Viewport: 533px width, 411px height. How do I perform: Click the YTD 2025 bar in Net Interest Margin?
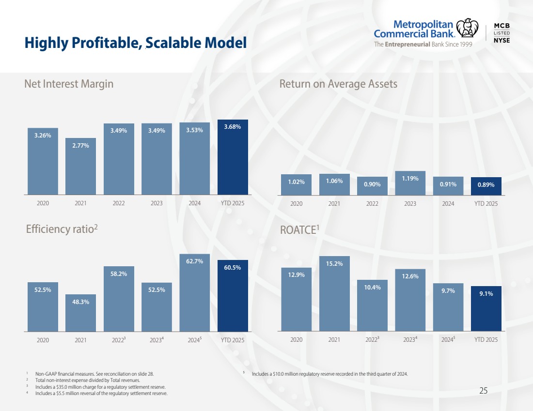click(233, 157)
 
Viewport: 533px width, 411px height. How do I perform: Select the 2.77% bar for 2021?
click(80, 167)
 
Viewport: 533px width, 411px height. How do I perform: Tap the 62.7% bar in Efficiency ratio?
click(194, 293)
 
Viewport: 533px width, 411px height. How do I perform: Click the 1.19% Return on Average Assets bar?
click(410, 183)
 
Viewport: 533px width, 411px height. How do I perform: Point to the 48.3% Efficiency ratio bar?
click(80, 313)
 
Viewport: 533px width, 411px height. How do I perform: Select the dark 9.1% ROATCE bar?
click(486, 308)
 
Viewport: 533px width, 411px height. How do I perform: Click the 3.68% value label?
click(233, 127)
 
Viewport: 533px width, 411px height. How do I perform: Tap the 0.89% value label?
click(486, 184)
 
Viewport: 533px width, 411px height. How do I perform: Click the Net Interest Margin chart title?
click(69, 84)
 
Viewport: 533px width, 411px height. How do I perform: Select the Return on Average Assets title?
click(338, 84)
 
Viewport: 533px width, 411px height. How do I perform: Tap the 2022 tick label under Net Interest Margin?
click(119, 203)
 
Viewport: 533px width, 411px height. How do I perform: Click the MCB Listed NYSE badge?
click(502, 32)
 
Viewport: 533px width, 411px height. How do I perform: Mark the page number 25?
click(483, 391)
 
